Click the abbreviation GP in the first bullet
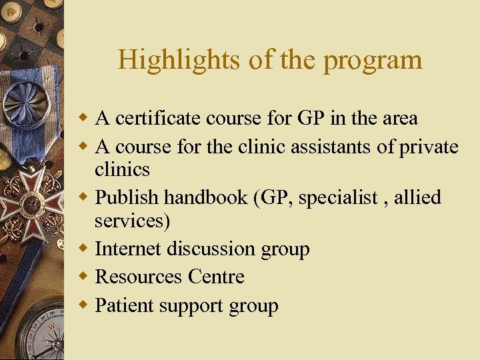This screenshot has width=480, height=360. (311, 119)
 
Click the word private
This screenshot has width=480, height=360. (429, 147)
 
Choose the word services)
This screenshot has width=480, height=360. (132, 221)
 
